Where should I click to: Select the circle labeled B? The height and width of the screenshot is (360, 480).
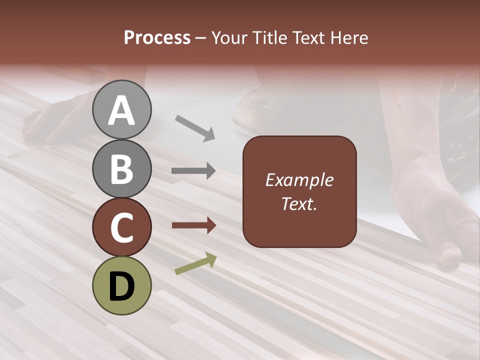point(121,168)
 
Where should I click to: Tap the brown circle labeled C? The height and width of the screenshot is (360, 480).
point(121,227)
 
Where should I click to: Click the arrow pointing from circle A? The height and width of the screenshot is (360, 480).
point(195,127)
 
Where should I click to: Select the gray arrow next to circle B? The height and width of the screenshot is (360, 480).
point(194,171)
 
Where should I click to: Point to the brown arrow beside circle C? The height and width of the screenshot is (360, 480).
point(194,225)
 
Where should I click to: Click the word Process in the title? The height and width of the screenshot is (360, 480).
point(157,37)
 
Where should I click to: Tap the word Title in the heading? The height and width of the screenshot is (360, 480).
point(269,37)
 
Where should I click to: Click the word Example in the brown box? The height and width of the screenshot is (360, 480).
point(299,180)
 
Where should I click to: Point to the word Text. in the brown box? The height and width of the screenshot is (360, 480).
point(299,203)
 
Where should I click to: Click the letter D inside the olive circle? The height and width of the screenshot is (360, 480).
point(121,286)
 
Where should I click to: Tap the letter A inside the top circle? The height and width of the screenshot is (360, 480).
point(121,110)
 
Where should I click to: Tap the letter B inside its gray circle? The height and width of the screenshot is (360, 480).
point(121,168)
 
